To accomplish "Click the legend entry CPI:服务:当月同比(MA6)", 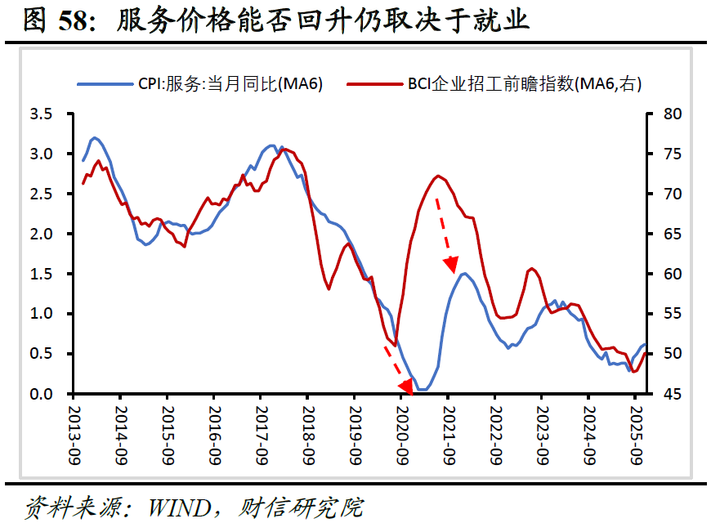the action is [199, 84].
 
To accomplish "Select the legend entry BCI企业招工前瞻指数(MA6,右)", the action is [494, 84].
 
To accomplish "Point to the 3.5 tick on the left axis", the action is [41, 114].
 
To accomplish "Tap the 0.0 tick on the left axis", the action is [41, 394].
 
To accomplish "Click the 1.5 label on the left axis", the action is [41, 274].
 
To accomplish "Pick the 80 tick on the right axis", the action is [673, 114].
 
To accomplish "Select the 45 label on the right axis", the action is [673, 394].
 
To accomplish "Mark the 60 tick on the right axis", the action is [673, 274].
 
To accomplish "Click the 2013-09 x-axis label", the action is [74, 435].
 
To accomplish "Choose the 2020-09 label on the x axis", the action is [402, 435].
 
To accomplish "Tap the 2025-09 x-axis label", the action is [636, 435].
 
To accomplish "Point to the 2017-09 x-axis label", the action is [262, 435].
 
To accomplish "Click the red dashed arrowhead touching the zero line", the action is [406, 387].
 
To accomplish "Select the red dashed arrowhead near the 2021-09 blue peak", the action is [452, 264].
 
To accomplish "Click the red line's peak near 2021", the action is [438, 176].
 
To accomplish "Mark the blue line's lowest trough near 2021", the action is [423, 389].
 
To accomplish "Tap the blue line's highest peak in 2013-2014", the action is [94, 137].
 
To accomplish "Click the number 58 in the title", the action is [73, 21].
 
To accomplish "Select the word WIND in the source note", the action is [180, 508].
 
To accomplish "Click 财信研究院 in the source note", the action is [301, 508].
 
